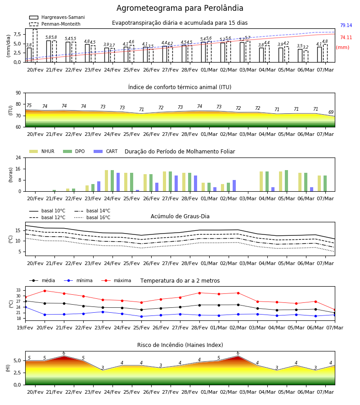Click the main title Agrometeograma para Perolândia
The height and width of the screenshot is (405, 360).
tap(180, 8)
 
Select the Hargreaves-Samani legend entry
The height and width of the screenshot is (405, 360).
tap(57, 17)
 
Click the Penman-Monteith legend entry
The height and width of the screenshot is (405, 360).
tap(55, 24)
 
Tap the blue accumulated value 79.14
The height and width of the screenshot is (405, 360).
tap(346, 25)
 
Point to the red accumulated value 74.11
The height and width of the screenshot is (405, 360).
tap(346, 37)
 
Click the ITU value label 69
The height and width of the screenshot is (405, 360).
tap(331, 112)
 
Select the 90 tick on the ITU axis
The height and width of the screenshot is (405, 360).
tap(18, 93)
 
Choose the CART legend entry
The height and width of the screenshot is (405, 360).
tap(105, 151)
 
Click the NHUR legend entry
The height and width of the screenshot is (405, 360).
tap(41, 151)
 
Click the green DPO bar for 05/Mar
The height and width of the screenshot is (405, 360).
tap(287, 181)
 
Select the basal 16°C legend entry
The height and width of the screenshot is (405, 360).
tap(92, 217)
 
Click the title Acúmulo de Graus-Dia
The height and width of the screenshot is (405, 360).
tap(180, 216)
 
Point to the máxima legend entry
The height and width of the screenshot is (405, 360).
tap(116, 280)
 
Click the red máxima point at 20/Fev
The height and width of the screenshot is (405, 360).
tap(45, 291)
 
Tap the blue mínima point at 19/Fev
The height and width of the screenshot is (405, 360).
tap(25, 307)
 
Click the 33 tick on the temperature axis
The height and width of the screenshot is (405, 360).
tap(18, 291)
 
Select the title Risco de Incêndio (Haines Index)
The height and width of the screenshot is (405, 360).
tap(180, 345)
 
